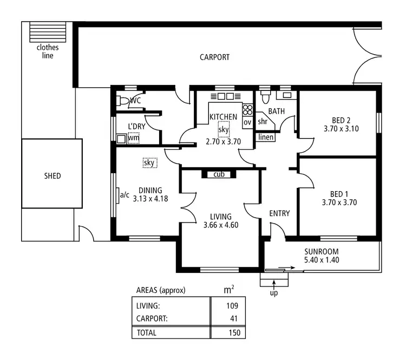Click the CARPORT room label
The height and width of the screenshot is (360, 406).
(214, 57)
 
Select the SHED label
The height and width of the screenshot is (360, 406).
(53, 176)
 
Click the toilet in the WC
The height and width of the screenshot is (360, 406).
(122, 101)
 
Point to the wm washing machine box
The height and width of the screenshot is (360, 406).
(133, 139)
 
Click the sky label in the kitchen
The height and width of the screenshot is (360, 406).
(224, 130)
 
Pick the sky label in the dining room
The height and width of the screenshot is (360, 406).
(149, 162)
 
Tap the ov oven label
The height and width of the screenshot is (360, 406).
(247, 122)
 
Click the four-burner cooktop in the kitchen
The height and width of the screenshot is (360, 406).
(248, 110)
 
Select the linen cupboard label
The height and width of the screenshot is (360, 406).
(266, 138)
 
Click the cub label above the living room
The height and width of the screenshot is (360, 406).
(219, 174)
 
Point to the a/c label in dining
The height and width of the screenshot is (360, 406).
(125, 195)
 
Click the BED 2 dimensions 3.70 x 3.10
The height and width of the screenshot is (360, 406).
(341, 129)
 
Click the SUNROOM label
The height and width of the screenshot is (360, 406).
(321, 251)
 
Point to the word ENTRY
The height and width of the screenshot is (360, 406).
(279, 213)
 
